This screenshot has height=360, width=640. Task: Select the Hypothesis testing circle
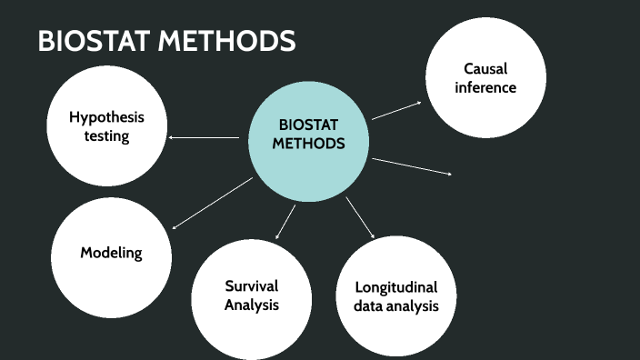[107, 127]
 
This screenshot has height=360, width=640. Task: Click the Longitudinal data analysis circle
[396, 296]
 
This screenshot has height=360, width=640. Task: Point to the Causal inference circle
[485, 78]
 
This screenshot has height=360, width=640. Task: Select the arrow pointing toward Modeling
[212, 204]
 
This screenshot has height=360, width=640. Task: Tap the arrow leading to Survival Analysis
[285, 222]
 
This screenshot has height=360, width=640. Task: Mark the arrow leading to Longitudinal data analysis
[360, 217]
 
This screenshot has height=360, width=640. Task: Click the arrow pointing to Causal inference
[396, 110]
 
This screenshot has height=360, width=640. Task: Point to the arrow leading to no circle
[411, 165]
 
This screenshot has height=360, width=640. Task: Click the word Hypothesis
[107, 117]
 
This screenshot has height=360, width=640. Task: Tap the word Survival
[252, 285]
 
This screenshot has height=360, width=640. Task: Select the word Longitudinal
[396, 287]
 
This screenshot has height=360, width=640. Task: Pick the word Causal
[485, 68]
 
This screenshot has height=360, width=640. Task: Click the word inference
[485, 87]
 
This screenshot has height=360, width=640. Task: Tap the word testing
[107, 137]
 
